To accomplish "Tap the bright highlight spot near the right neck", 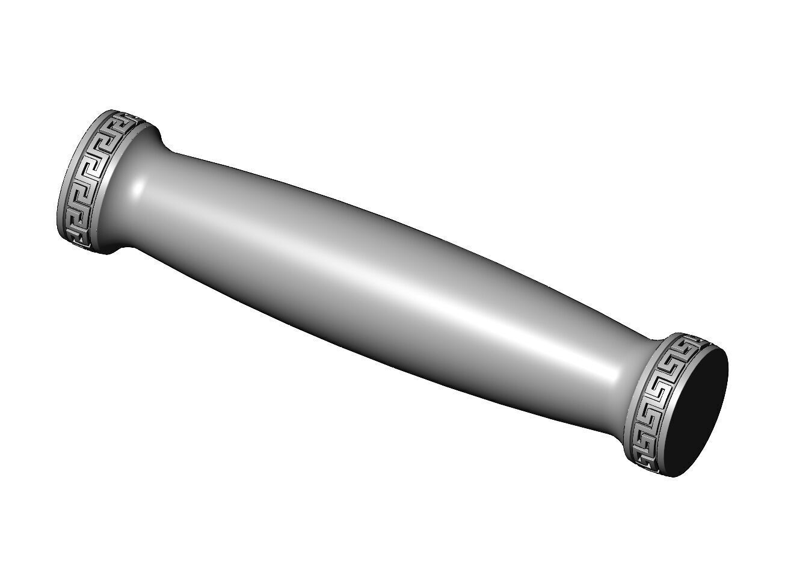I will (611, 376).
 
